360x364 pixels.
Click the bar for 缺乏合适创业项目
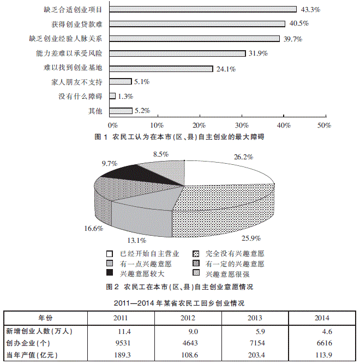tap(202, 9)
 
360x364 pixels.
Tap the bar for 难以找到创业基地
tap(161, 69)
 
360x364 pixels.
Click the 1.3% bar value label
tap(127, 97)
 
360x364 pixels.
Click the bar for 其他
tap(121, 111)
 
